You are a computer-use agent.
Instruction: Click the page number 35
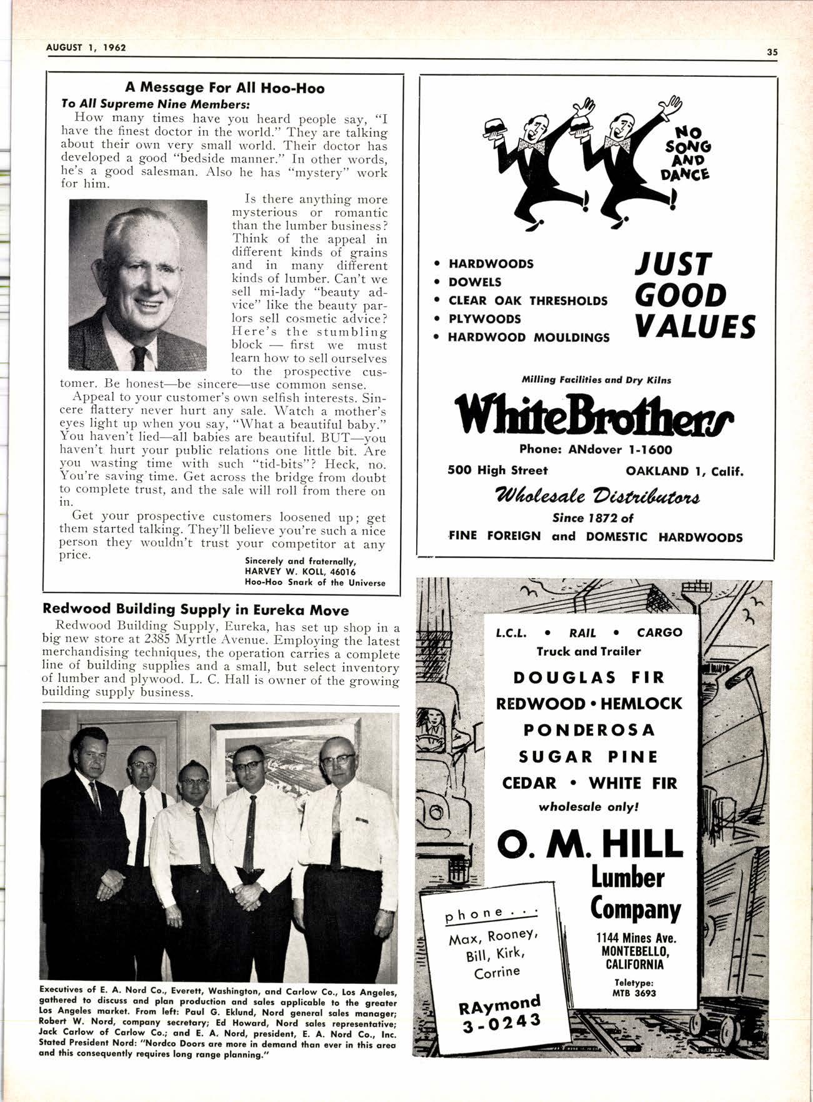pyautogui.click(x=772, y=53)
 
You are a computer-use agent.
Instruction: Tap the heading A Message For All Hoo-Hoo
pyautogui.click(x=224, y=88)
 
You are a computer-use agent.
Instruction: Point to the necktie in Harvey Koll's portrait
pyautogui.click(x=139, y=358)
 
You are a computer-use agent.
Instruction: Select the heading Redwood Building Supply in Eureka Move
pyautogui.click(x=195, y=609)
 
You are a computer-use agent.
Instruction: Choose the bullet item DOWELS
pyautogui.click(x=474, y=282)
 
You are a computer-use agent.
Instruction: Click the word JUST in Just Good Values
pyautogui.click(x=672, y=265)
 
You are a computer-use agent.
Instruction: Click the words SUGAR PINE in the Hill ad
pyautogui.click(x=589, y=757)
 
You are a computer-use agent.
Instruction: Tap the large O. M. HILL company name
pyautogui.click(x=589, y=844)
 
